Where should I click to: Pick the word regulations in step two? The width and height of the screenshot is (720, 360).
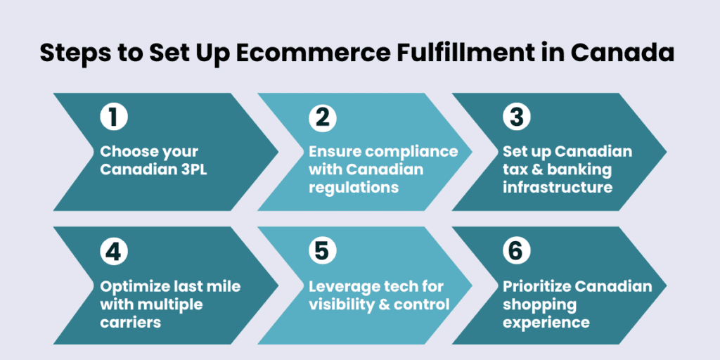tap(354, 188)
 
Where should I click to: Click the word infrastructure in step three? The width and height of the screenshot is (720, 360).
tap(558, 188)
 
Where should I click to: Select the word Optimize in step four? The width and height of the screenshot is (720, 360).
tap(134, 287)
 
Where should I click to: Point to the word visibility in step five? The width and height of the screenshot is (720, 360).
tap(337, 304)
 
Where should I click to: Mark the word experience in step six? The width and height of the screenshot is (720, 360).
tap(546, 323)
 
